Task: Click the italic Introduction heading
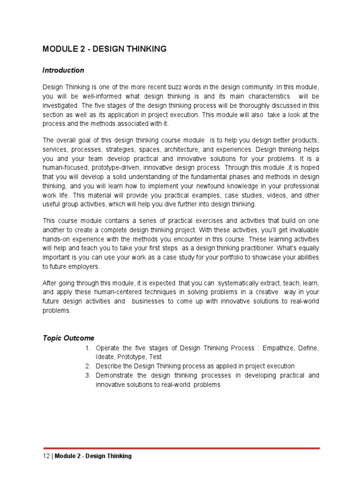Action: pos(63,70)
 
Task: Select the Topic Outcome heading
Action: pos(68,338)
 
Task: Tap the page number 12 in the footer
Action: pos(46,456)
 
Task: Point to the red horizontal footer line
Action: pos(181,447)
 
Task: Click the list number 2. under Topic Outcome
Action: pos(88,366)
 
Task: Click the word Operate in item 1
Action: pos(107,348)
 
